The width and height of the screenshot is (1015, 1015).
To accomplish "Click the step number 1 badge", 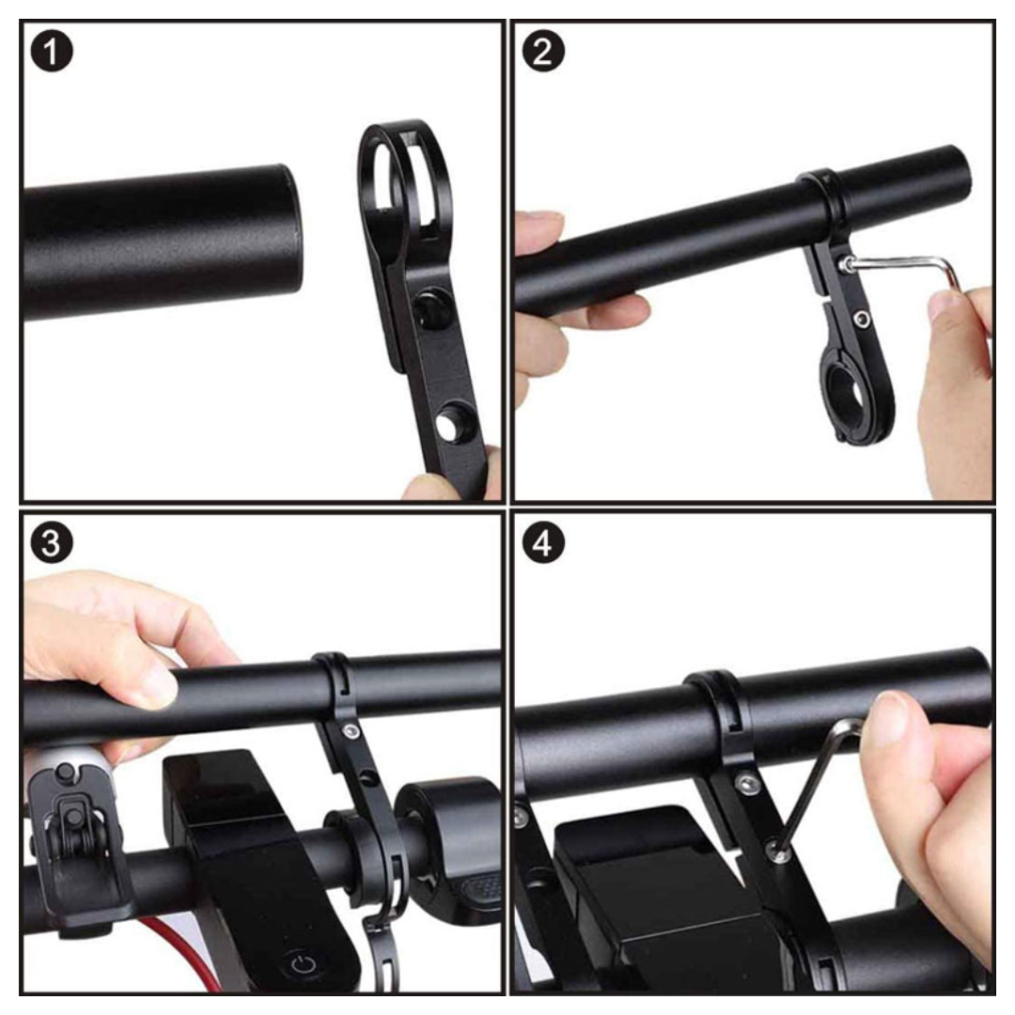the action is pos(52,51).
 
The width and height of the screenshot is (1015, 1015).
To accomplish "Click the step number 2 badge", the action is pos(543,51).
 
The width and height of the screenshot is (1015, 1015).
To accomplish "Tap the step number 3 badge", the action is pos(52,542).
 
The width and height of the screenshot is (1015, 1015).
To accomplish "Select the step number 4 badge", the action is pos(543,542).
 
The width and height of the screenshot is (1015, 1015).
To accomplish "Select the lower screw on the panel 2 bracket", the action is pos(861,318).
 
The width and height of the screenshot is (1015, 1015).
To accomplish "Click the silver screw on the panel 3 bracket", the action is pos(351,731).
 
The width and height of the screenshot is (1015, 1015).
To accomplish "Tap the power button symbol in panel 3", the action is pos(303,964).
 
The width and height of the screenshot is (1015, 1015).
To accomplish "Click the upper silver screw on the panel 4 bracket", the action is pos(749,784).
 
